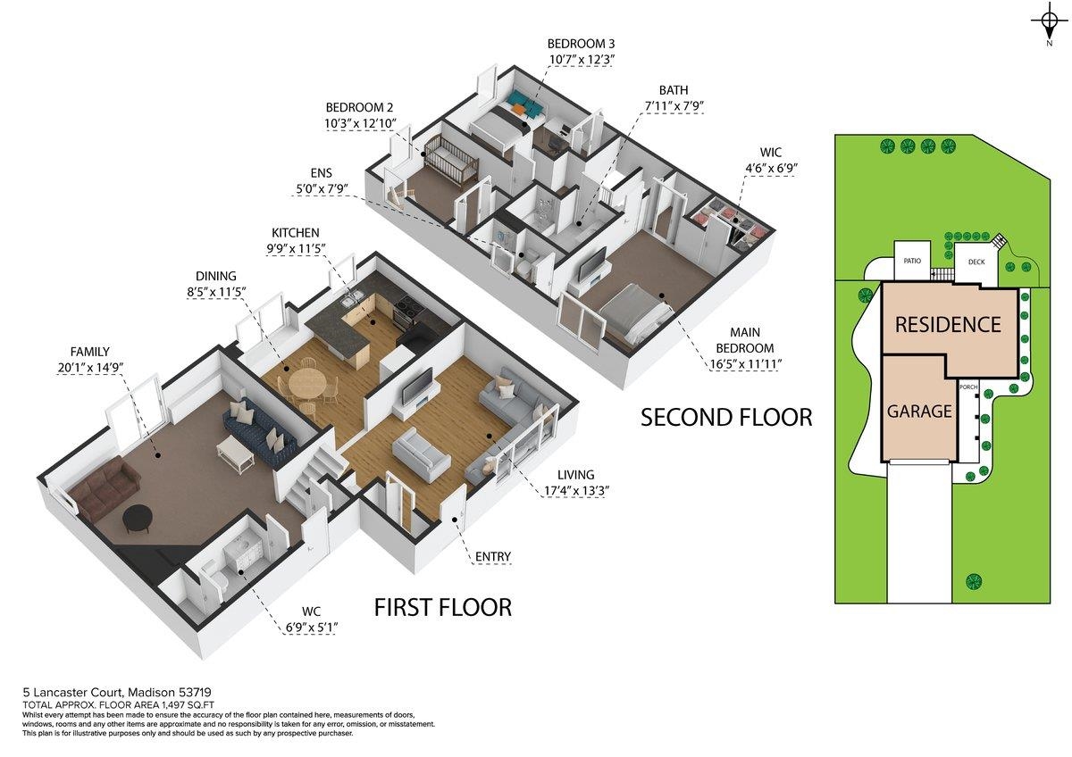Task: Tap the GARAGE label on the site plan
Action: [x=919, y=412]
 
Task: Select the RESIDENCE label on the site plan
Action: [x=948, y=324]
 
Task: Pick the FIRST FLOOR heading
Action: [x=442, y=608]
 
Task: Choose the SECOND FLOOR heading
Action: [x=726, y=417]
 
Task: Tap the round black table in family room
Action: [x=138, y=518]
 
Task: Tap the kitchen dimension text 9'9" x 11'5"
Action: [x=305, y=250]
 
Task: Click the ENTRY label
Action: [x=492, y=557]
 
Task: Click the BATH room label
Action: [x=674, y=90]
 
